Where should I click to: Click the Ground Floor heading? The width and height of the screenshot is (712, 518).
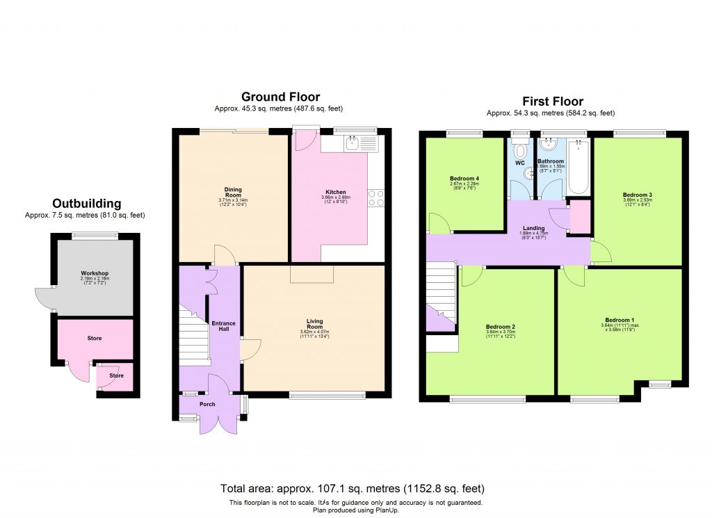[x=280, y=97]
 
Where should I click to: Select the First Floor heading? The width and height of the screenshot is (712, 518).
[x=553, y=101]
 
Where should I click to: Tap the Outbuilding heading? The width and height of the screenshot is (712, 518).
[x=87, y=204]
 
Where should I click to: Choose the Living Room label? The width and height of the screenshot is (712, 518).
[x=315, y=323]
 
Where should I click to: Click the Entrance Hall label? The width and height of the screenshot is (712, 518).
[x=224, y=327]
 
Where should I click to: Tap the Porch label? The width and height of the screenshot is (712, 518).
[x=207, y=404]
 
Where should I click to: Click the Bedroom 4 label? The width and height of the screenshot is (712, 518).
[x=464, y=179]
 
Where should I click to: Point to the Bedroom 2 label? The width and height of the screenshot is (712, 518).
[x=500, y=327]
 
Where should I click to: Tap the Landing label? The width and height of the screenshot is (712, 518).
[x=534, y=227]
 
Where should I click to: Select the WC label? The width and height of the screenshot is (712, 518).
[x=519, y=163]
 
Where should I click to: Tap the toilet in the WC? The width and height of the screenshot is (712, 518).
[x=519, y=149]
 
